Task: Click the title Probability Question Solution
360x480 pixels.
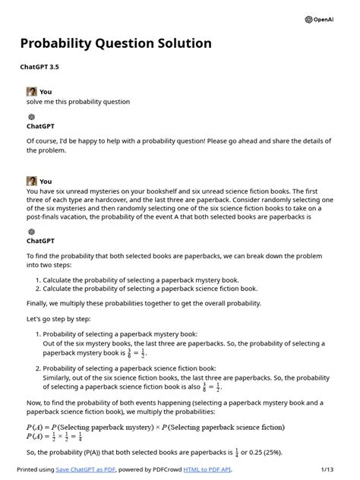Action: pos(115,43)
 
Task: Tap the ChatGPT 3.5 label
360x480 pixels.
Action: pos(39,68)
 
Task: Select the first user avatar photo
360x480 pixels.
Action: pos(31,91)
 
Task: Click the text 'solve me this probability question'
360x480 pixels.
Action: pos(78,102)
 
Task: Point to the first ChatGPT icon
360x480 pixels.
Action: pos(31,117)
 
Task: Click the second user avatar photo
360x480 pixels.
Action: pos(31,181)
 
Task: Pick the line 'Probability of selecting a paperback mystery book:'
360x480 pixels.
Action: pos(120,333)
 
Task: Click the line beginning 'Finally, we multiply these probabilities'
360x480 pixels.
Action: pos(144,303)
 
